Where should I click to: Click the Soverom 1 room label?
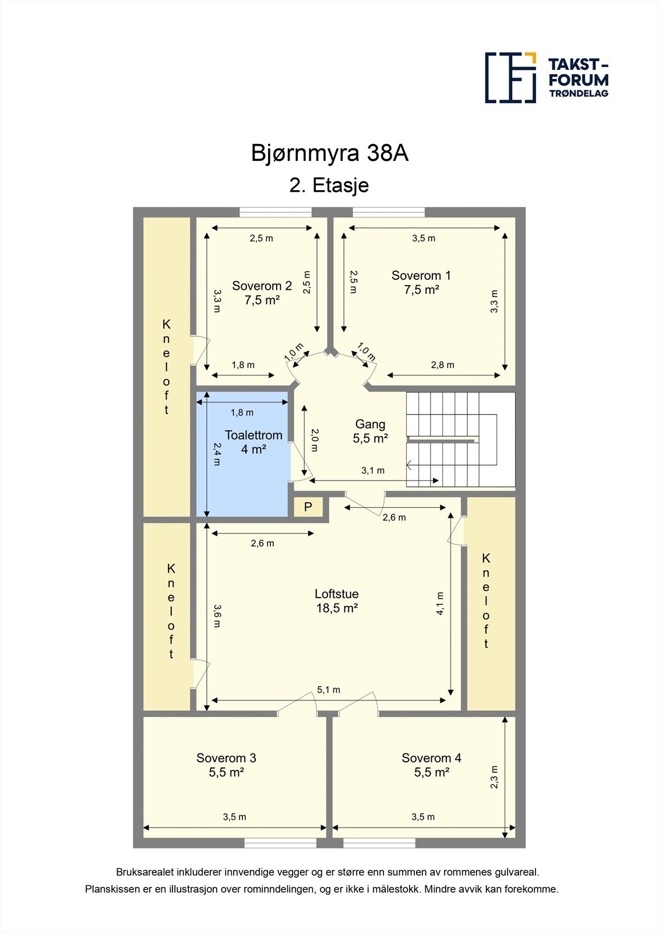tap(421, 282)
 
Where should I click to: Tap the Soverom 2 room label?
tap(262, 292)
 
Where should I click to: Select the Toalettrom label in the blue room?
tap(253, 441)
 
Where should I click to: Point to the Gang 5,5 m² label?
tap(370, 431)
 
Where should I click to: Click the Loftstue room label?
tap(337, 601)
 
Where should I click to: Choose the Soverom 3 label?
tap(226, 764)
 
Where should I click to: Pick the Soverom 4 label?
tap(431, 764)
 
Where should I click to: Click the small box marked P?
tap(308, 507)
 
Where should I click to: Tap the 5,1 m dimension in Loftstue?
tap(329, 690)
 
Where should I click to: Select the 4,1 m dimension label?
tap(440, 604)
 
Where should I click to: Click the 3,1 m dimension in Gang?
tap(372, 471)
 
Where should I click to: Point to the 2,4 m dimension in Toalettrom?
tap(217, 454)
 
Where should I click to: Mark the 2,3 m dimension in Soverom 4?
tap(494, 777)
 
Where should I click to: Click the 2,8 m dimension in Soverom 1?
tap(442, 365)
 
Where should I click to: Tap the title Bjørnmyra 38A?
tap(330, 153)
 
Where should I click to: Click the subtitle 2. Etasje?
tap(329, 185)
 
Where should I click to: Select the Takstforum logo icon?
tap(510, 78)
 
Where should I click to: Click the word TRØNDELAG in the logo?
tap(579, 93)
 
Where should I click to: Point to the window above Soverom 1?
tap(389, 212)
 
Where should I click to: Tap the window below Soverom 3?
tap(280, 843)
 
